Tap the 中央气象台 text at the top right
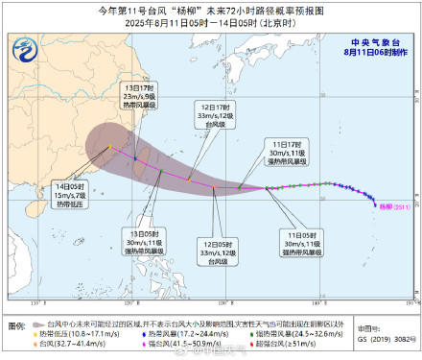pyautogui.click(x=374, y=40)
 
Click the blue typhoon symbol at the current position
pyautogui.click(x=374, y=203)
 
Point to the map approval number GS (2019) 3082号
pyautogui.click(x=383, y=339)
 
